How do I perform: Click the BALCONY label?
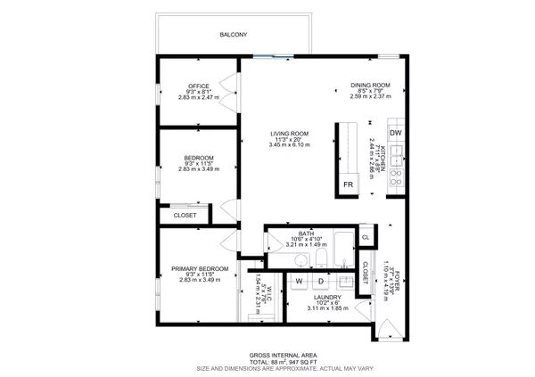pyautogui.click(x=233, y=35)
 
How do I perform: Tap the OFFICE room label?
pyautogui.click(x=198, y=86)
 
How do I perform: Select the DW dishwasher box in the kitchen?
pyautogui.click(x=396, y=133)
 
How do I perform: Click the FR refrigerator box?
pyautogui.click(x=348, y=184)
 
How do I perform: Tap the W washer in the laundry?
pyautogui.click(x=299, y=281)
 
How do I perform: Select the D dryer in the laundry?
pyautogui.click(x=321, y=281)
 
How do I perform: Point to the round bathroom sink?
pyautogui.click(x=302, y=260)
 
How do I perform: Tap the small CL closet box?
pyautogui.click(x=366, y=237)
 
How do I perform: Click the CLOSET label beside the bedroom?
pyautogui.click(x=185, y=215)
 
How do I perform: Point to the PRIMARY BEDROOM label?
pyautogui.click(x=199, y=268)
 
